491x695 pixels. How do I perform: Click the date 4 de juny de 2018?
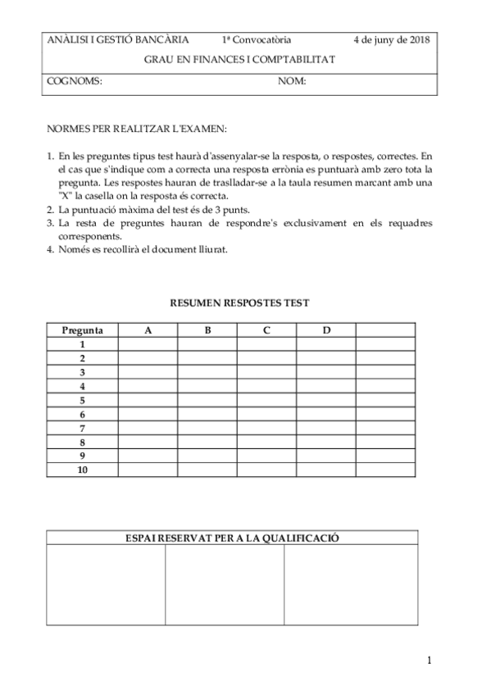tap(391, 39)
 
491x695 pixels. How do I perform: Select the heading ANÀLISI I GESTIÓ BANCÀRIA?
tap(118, 39)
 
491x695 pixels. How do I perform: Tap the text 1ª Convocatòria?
tap(256, 39)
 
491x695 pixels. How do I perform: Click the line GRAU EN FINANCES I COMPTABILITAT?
tap(239, 60)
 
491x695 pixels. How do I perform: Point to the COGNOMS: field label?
tap(75, 81)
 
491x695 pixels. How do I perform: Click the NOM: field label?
tap(292, 81)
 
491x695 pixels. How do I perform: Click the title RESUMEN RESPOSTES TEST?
tap(239, 302)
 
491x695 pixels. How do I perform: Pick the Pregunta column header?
tap(82, 330)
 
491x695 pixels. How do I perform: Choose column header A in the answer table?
tap(148, 330)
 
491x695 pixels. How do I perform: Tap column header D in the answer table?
tap(326, 330)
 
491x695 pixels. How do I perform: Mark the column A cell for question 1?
tap(148, 344)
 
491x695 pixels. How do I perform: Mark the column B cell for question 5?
tap(207, 400)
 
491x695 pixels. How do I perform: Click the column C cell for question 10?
tap(266, 470)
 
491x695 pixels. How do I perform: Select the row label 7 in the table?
tap(82, 428)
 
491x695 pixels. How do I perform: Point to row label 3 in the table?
tap(82, 372)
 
